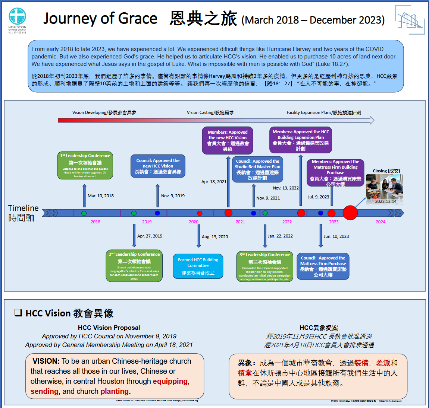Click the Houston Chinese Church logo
tap(18, 20)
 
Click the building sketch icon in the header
tap(409, 20)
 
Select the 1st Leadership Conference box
tap(85, 165)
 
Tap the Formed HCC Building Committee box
tap(198, 266)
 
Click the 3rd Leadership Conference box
tap(264, 266)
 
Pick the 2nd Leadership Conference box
tap(134, 265)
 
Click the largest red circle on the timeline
tap(350, 213)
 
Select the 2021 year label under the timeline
tap(240, 222)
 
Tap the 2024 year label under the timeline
tap(381, 222)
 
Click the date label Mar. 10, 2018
tap(101, 196)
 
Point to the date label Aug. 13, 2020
tap(215, 237)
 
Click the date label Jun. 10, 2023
tap(336, 236)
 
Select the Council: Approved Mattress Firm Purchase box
tap(323, 266)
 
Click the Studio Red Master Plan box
tap(257, 169)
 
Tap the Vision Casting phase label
tap(210, 112)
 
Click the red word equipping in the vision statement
tap(170, 381)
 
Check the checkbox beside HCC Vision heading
tap(18, 313)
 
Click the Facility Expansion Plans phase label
tap(324, 112)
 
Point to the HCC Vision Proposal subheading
tap(109, 328)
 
